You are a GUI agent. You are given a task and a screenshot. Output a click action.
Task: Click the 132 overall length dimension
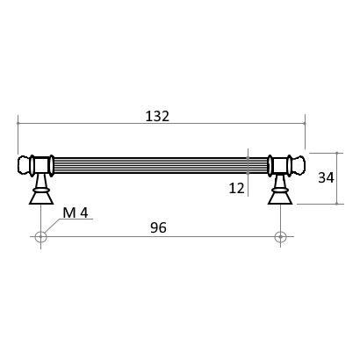click(157, 117)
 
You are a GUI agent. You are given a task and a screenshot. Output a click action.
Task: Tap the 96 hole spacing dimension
click(158, 227)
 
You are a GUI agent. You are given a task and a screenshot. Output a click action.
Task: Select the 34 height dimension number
click(326, 177)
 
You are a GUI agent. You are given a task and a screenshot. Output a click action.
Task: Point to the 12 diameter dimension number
click(236, 188)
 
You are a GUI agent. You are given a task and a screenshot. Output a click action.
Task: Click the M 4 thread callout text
click(76, 212)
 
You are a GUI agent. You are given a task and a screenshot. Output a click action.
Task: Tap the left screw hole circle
click(40, 236)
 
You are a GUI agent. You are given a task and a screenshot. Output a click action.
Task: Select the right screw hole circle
click(280, 236)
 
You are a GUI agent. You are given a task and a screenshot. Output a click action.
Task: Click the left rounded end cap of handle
click(25, 165)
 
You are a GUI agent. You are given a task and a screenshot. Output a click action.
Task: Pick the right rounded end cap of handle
click(299, 165)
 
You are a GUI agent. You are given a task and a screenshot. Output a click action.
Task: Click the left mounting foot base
click(40, 197)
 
